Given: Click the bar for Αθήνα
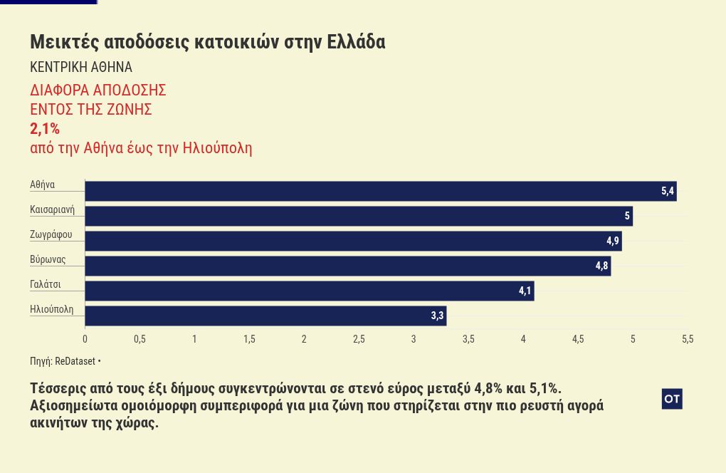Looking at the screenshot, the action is pos(381,191).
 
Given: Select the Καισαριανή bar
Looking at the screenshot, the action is pos(359,216).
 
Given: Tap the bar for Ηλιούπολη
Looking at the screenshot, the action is pos(265,316).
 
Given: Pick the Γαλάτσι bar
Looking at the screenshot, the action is pos(310,291).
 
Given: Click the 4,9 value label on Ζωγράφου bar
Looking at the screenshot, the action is pos(613,241).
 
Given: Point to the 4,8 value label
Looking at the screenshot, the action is pos(601,266).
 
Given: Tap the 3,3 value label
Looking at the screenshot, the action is pos(437,316).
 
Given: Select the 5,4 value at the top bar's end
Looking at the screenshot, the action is pos(667,191).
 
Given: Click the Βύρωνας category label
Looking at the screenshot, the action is pos(48,259).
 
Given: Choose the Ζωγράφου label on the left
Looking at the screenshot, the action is pos(51,234).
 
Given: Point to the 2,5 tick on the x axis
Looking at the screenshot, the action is pos(359,339).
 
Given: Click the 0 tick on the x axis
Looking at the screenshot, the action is pos(85,339).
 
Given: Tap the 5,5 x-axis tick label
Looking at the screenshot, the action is pos(688,339).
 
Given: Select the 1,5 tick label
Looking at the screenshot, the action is pos(249,339).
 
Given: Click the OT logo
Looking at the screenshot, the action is pos(672,399).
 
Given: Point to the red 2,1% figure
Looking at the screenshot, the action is pos(45,129).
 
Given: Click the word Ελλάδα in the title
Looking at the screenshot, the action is pos(356,42).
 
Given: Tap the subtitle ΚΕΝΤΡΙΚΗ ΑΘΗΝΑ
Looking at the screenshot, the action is pos(81,67).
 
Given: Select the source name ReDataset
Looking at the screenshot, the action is pos(75,361).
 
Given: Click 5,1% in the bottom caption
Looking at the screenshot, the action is pos(545,388).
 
